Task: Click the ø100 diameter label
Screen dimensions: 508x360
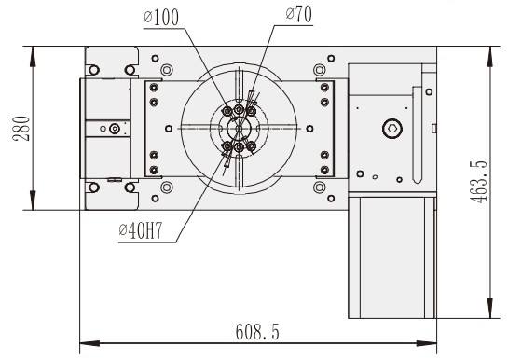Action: pos(161,17)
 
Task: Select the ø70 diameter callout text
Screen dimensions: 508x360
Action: pos(299,14)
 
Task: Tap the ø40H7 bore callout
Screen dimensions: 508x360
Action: pos(141,230)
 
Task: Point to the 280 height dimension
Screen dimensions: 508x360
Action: pos(21,129)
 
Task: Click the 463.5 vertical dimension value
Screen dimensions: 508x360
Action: pos(478,182)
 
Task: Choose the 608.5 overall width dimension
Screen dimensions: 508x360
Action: pos(257,331)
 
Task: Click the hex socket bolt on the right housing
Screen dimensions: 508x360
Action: pos(392,129)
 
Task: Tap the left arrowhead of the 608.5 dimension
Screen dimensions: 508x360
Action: pos(89,343)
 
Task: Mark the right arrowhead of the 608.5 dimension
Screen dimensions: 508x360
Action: pos(427,343)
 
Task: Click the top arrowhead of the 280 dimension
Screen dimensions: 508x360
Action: pos(33,56)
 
